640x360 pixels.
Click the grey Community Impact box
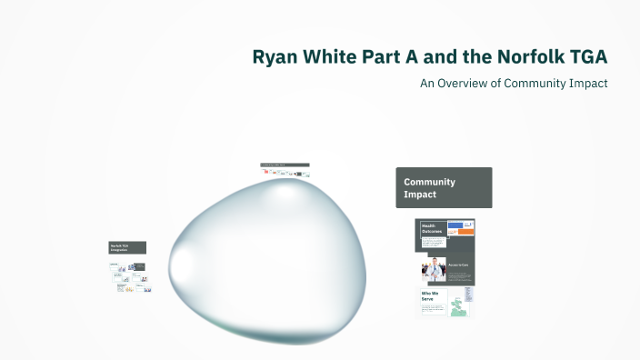coord(444,187)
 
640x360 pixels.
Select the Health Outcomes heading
coord(430,228)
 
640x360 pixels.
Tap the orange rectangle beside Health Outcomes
coord(466,232)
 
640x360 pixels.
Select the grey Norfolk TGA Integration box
coord(127,247)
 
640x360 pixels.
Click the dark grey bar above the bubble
coord(285,165)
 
